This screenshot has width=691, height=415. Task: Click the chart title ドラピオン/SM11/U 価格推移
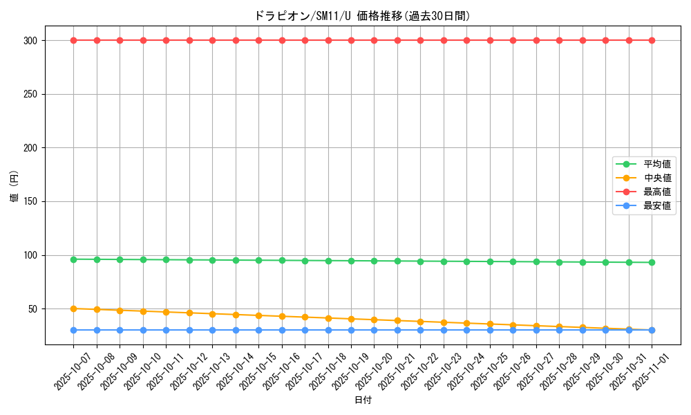[362, 16]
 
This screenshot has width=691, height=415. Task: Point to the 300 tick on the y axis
[32, 40]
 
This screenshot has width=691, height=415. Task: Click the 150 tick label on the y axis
[32, 201]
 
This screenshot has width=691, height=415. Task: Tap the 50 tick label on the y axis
[35, 308]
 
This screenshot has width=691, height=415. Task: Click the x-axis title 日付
[362, 400]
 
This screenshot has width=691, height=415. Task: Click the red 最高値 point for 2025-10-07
[73, 40]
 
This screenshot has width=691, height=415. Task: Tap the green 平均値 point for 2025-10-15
[258, 260]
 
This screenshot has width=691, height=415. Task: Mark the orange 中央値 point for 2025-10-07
[73, 308]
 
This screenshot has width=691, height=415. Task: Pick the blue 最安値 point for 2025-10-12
[189, 330]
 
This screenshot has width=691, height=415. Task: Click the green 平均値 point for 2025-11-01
[652, 262]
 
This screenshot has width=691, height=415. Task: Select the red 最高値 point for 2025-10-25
[490, 40]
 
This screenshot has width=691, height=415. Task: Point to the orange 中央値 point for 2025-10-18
[328, 318]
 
